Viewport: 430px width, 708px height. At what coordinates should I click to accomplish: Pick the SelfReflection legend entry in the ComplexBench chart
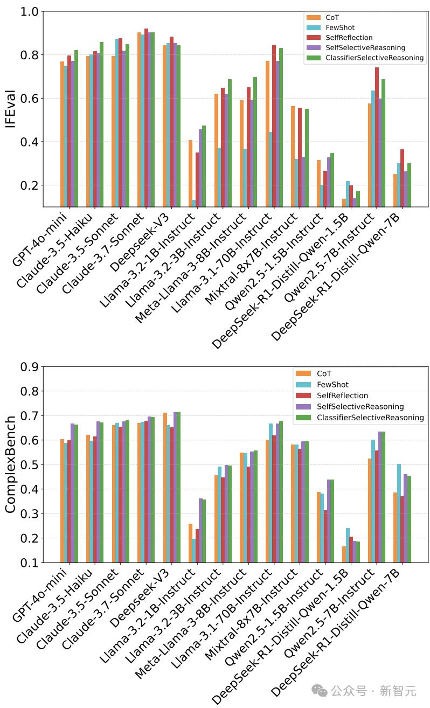(x=342, y=395)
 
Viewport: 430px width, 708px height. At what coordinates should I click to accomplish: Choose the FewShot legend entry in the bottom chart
(x=332, y=385)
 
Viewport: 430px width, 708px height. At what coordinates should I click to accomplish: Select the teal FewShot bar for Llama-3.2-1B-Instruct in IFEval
(x=194, y=203)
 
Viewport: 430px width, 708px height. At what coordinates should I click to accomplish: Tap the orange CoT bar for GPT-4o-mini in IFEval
(x=63, y=134)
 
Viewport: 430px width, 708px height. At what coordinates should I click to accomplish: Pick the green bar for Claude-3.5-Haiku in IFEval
(x=101, y=124)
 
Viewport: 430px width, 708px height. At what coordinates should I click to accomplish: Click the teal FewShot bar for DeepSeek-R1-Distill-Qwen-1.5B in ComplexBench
(x=348, y=545)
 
